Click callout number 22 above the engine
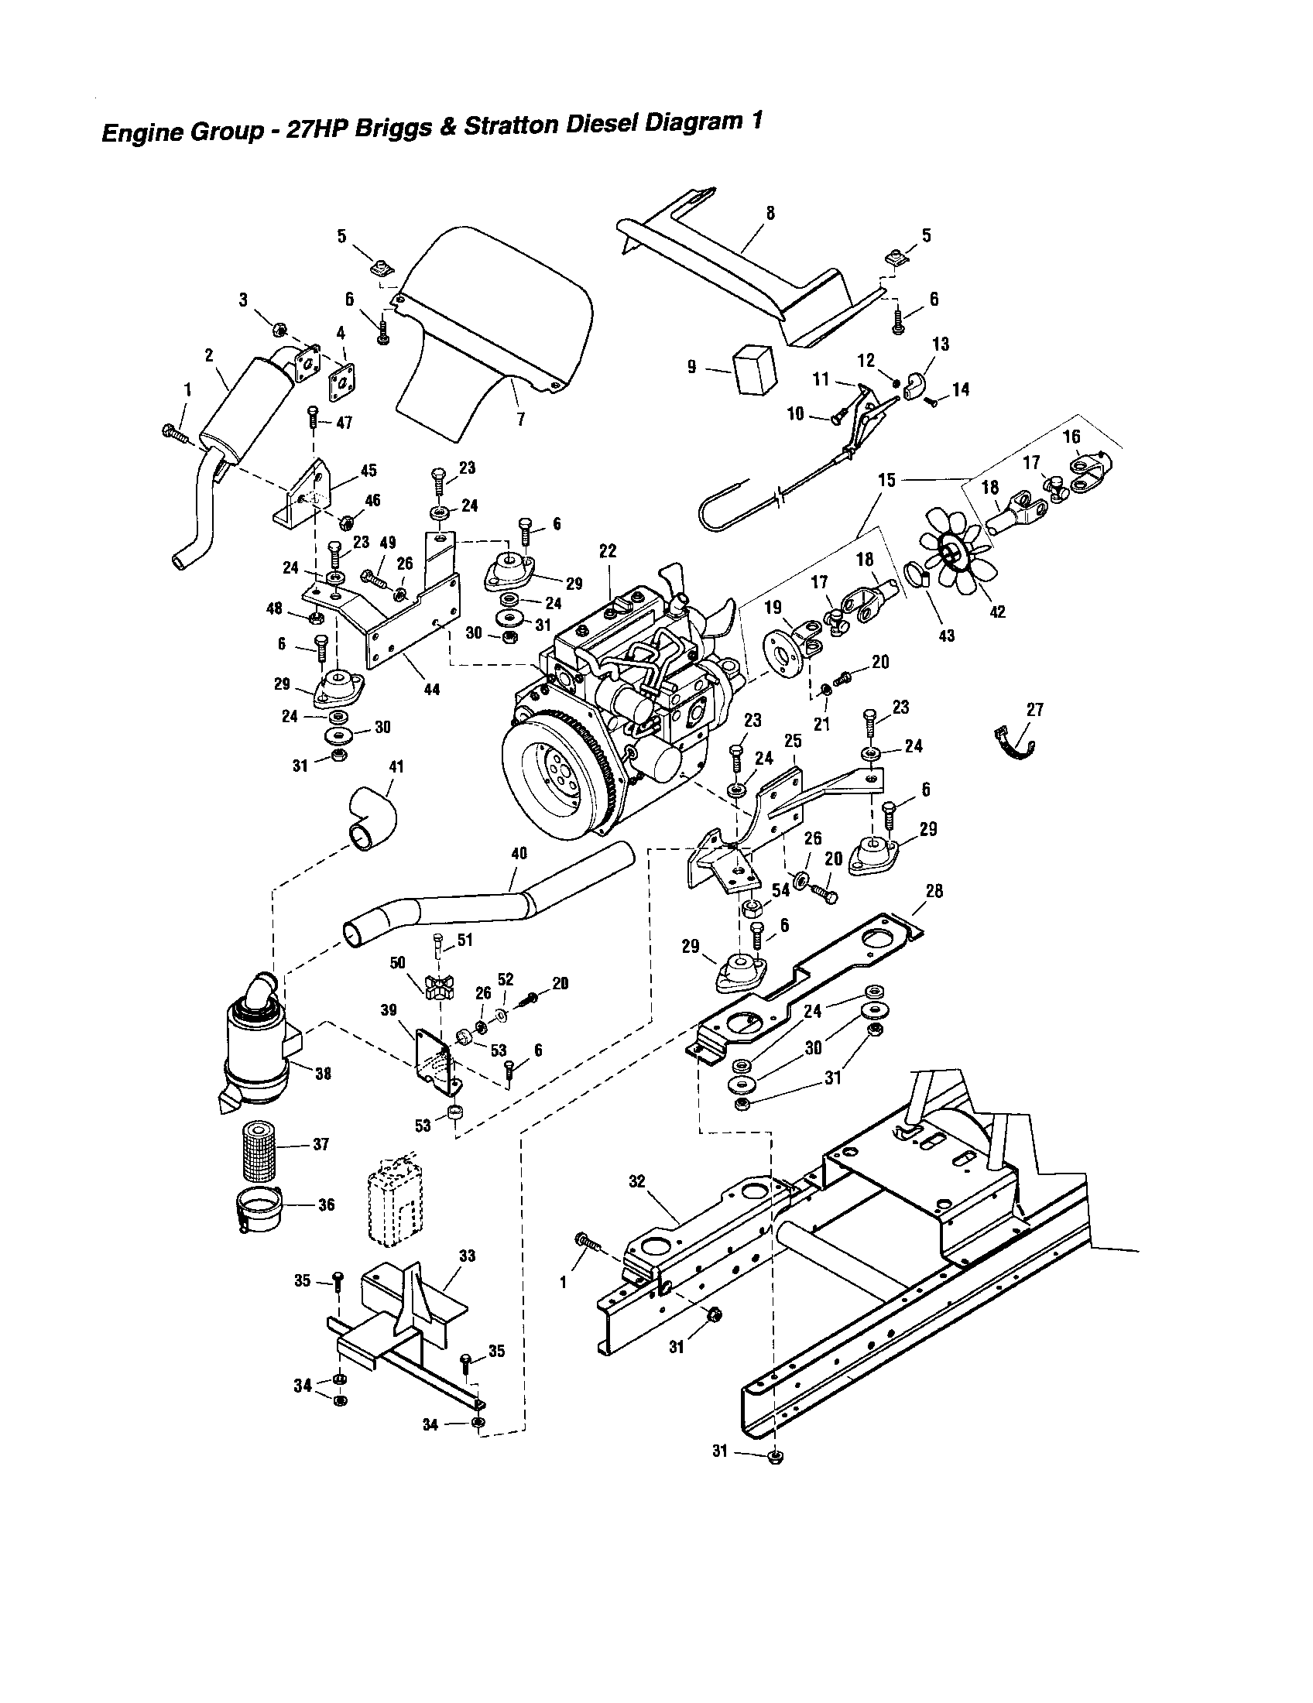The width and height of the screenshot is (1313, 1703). pyautogui.click(x=608, y=551)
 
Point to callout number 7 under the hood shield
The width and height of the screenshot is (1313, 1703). pyautogui.click(x=521, y=419)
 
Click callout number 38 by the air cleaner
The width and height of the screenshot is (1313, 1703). pyautogui.click(x=322, y=1074)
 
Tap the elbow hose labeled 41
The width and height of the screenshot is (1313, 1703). pyautogui.click(x=371, y=820)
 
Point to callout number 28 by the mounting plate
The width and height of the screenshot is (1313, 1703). pyautogui.click(x=934, y=890)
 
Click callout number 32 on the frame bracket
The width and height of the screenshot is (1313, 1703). pyautogui.click(x=637, y=1181)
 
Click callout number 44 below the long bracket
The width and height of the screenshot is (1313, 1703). pyautogui.click(x=431, y=689)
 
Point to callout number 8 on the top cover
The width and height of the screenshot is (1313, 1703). pyautogui.click(x=770, y=213)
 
